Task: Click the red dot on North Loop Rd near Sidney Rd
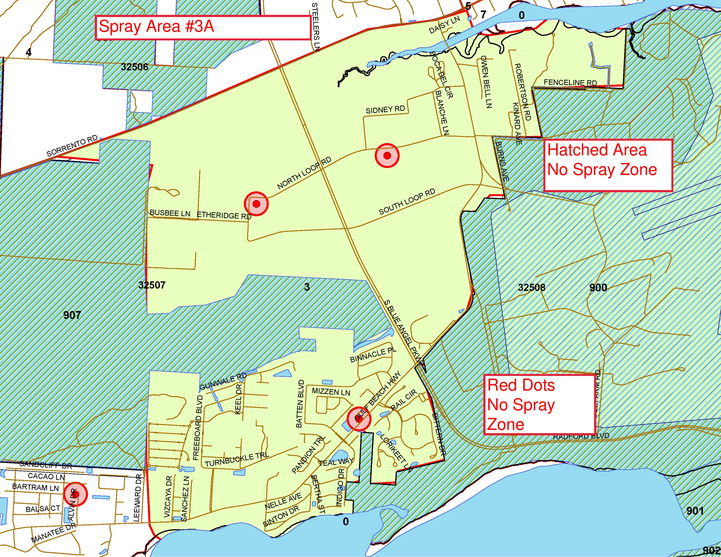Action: click(387, 156)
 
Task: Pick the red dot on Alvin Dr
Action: click(75, 494)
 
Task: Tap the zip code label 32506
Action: click(134, 67)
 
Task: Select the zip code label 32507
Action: click(152, 285)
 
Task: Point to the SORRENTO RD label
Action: click(72, 146)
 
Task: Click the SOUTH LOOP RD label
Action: click(407, 202)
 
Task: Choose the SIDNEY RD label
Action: click(385, 110)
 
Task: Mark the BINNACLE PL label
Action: click(373, 355)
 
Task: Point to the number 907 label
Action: click(72, 315)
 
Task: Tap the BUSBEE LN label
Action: click(170, 213)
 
